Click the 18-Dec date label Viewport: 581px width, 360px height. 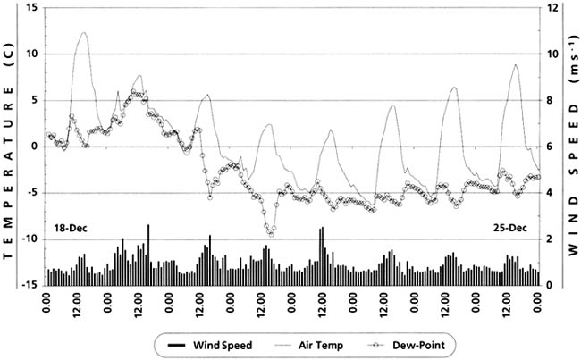(71, 228)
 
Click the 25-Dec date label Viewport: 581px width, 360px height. (509, 228)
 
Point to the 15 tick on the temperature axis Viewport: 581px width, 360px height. (32, 7)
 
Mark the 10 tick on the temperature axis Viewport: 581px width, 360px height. (32, 54)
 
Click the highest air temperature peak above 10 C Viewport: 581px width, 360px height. (85, 32)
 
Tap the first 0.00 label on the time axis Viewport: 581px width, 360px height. (46, 309)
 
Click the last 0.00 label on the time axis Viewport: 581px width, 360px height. (538, 309)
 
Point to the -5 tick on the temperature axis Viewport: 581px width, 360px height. (32, 192)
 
